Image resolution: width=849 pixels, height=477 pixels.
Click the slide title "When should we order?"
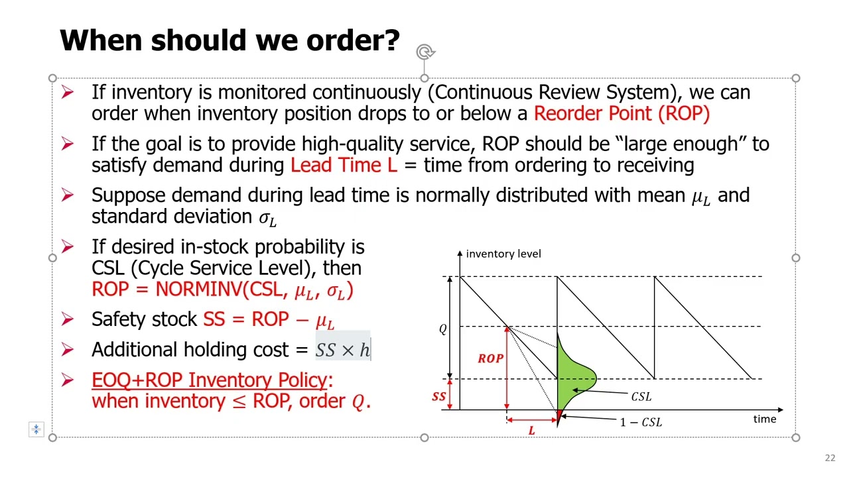tap(229, 41)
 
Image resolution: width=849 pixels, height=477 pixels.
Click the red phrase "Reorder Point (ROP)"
tap(621, 113)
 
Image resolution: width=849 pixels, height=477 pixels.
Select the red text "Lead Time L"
tap(344, 165)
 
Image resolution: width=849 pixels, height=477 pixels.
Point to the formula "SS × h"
tap(342, 350)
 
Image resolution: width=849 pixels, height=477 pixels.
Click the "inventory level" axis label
tap(503, 254)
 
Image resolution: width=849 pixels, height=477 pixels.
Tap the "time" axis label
tap(764, 419)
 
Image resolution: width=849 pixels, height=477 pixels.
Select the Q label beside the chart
tap(443, 329)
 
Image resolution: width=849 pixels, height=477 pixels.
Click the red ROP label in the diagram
tap(490, 358)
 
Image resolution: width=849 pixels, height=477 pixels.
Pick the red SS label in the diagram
tap(439, 397)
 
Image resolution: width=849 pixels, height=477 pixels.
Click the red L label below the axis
tap(531, 431)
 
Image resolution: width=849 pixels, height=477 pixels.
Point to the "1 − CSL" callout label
tap(641, 422)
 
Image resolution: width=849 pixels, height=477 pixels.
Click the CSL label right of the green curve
tap(641, 396)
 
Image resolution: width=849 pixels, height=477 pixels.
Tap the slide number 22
tap(830, 458)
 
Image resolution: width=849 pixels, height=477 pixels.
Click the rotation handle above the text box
tap(424, 52)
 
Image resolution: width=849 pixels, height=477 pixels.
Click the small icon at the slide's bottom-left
tap(36, 429)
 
